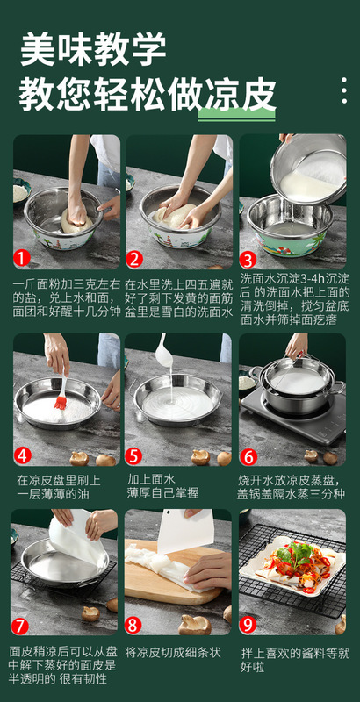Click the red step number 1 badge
22,258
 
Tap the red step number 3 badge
248,260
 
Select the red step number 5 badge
133,456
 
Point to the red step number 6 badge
248,456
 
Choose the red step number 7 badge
20,626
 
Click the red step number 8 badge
133,625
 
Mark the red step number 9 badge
248,625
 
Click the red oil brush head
61,402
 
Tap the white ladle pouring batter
163,352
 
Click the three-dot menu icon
344,90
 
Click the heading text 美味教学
93,49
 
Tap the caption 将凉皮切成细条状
173,652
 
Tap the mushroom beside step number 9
341,625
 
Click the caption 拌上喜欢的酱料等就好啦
296,660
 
